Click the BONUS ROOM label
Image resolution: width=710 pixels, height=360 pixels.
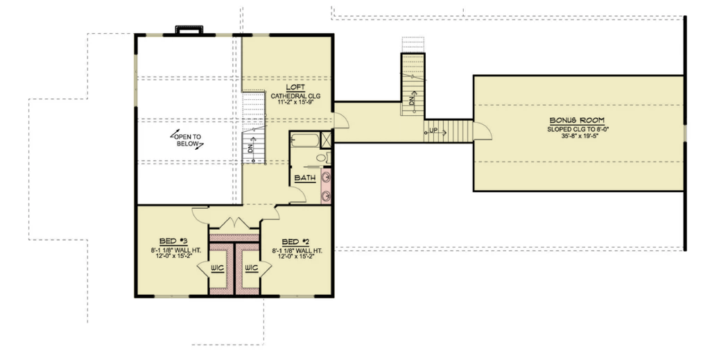577,121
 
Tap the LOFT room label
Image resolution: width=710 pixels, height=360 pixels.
295,87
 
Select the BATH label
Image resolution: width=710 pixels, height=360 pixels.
305,178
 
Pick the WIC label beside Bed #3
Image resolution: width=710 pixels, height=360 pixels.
217,268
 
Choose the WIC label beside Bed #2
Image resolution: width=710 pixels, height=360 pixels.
251,268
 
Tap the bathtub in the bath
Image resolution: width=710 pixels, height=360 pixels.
305,140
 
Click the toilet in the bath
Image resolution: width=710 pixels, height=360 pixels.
324,158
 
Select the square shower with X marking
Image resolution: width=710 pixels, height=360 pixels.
326,139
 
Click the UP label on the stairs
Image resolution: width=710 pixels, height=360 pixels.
433,131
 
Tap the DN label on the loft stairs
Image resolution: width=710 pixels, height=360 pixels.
248,147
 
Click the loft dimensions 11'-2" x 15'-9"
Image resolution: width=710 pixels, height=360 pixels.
295,103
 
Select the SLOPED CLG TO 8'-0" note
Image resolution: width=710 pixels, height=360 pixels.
577,129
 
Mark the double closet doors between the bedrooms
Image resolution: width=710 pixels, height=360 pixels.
234,223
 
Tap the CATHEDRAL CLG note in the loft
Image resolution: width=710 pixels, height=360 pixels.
295,96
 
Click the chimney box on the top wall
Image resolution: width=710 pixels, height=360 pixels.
189,30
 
